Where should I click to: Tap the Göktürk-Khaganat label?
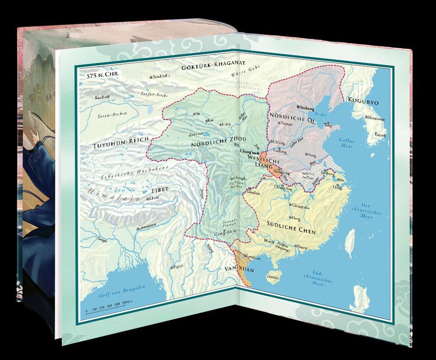point(208,68)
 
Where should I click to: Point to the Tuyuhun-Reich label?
point(117,145)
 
